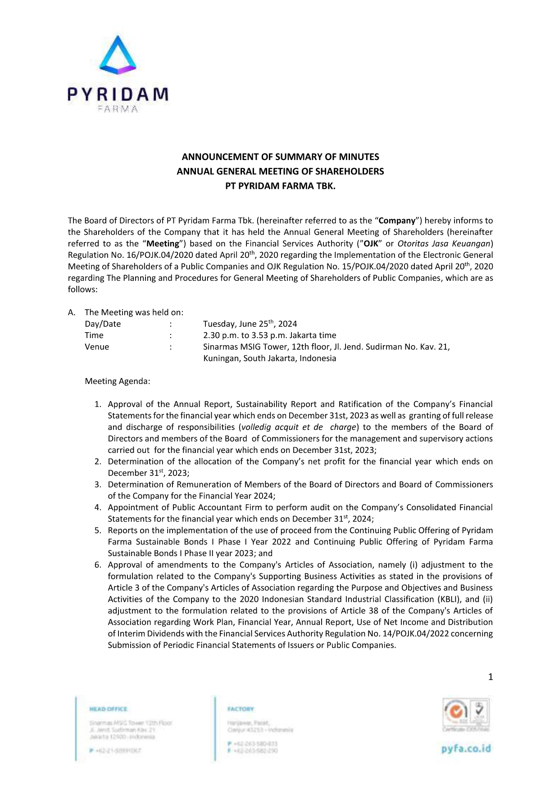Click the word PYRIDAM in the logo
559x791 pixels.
pyautogui.click(x=118, y=94)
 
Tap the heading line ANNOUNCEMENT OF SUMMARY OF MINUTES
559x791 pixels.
pyautogui.click(x=280, y=157)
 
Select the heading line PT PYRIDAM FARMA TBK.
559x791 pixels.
pyautogui.click(x=280, y=186)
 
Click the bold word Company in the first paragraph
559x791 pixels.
pyautogui.click(x=397, y=221)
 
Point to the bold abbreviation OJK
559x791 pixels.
pyautogui.click(x=371, y=244)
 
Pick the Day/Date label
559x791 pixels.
pyautogui.click(x=103, y=324)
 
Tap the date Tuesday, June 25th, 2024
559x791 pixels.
pyautogui.click(x=250, y=324)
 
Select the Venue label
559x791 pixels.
pyautogui.click(x=97, y=347)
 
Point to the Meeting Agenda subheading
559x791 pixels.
pyautogui.click(x=118, y=381)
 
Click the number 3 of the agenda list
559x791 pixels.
pyautogui.click(x=97, y=485)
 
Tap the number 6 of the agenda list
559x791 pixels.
pyautogui.click(x=97, y=565)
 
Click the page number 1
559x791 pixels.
pyautogui.click(x=491, y=677)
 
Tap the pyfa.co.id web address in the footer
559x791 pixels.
pyautogui.click(x=466, y=749)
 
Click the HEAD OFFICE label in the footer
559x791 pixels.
pyautogui.click(x=109, y=709)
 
